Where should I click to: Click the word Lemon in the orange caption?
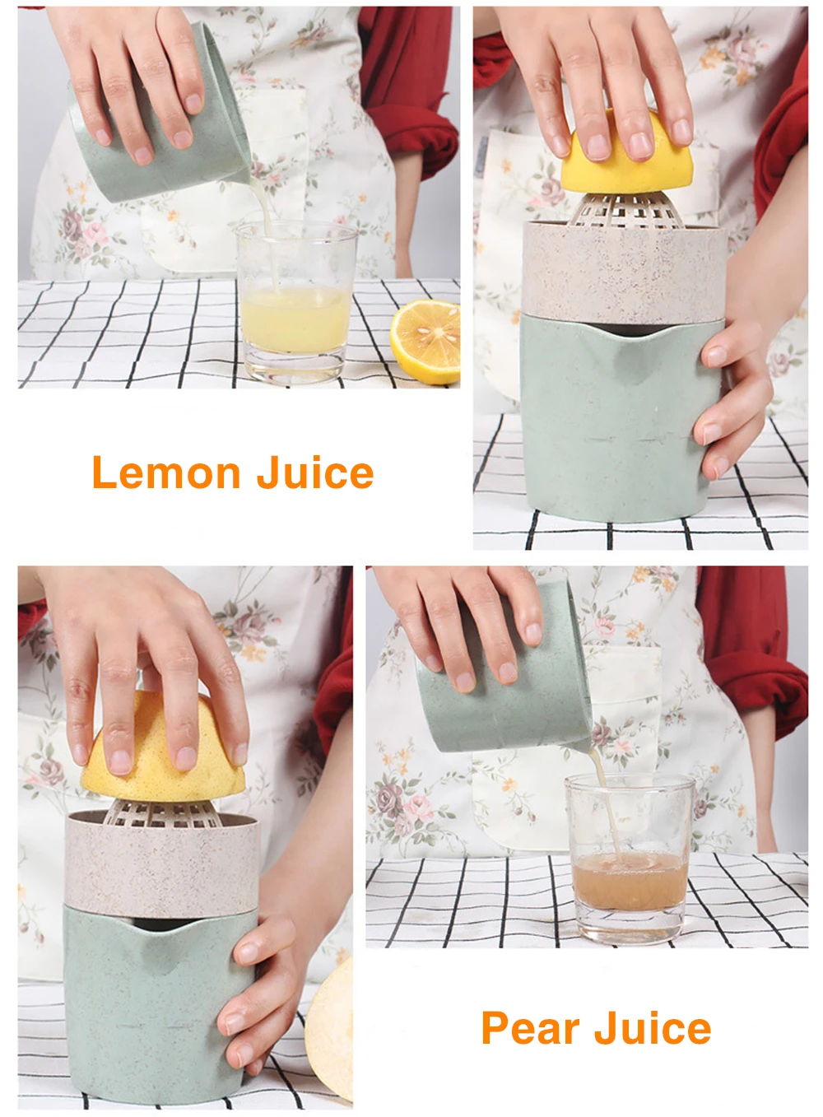[166, 472]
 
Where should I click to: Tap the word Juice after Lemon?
[315, 472]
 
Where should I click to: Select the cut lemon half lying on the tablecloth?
[425, 341]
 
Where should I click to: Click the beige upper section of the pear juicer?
[162, 863]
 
